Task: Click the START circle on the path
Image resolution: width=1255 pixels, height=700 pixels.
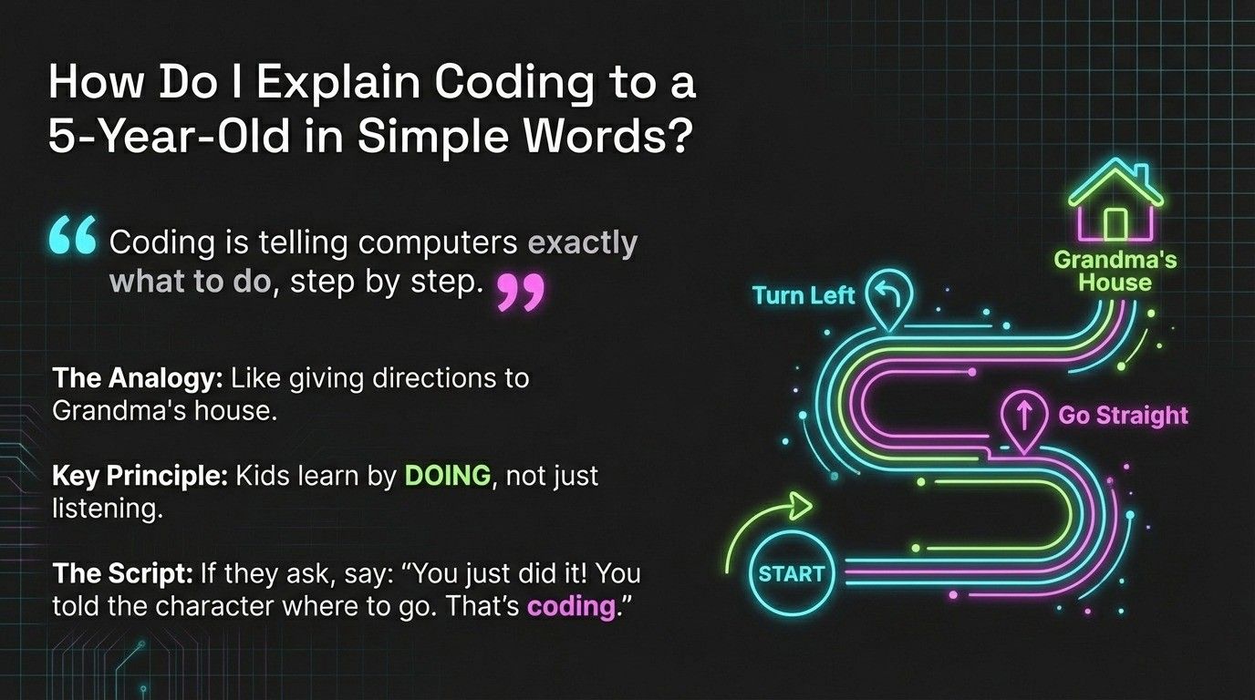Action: click(x=791, y=574)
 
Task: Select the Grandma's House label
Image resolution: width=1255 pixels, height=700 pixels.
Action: click(x=1115, y=271)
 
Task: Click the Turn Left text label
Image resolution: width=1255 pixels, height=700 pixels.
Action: click(x=804, y=294)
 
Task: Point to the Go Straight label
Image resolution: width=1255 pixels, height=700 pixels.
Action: click(x=1123, y=416)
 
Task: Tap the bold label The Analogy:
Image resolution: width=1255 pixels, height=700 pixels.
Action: click(x=139, y=377)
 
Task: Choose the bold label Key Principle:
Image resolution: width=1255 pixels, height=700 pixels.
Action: click(x=140, y=475)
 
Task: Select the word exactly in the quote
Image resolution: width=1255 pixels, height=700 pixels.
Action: click(x=583, y=243)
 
